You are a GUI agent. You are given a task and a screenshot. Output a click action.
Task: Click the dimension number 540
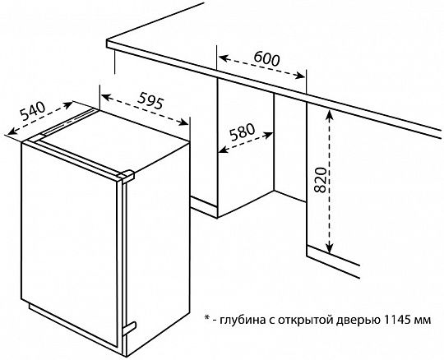[x=33, y=111]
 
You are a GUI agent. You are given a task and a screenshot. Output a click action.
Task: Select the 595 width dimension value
[x=150, y=101]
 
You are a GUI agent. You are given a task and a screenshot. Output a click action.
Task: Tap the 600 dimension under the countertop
[x=266, y=58]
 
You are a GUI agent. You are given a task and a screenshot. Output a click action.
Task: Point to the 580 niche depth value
[x=242, y=132]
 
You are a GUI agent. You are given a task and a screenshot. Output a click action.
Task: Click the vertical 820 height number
[x=321, y=180]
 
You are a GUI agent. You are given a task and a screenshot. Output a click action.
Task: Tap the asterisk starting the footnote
[x=206, y=317]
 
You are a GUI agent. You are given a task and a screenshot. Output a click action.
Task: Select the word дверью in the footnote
[x=358, y=321]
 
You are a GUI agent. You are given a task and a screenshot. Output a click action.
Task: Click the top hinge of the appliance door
[x=127, y=175]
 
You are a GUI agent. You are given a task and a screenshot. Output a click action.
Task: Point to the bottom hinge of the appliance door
[x=129, y=328]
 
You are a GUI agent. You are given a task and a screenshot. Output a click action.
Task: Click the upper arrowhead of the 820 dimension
[x=329, y=114]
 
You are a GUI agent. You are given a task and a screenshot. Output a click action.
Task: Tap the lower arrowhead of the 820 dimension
[x=329, y=248]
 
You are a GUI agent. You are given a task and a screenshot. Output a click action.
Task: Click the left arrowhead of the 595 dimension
[x=106, y=97]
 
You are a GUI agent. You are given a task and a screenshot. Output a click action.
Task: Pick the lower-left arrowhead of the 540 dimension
[x=12, y=131]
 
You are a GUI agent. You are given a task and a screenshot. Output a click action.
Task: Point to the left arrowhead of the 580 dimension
[x=224, y=150]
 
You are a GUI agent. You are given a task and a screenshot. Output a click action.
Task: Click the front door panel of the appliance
[x=69, y=243]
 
